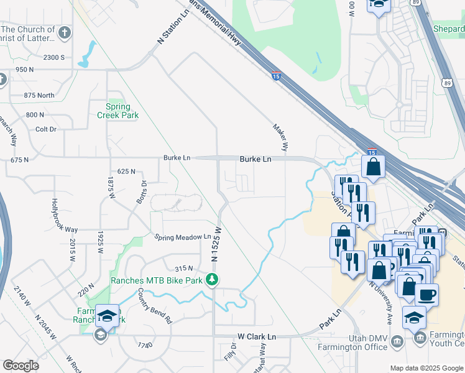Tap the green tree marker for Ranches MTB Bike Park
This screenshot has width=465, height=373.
coord(213,280)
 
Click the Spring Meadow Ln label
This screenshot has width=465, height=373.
coord(183,237)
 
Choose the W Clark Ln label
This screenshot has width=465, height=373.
coord(257,337)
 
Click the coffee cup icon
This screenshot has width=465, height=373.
coord(426,295)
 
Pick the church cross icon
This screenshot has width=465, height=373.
coord(65,32)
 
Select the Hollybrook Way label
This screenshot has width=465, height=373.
coord(64,215)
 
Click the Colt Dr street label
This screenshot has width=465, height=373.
coord(46,129)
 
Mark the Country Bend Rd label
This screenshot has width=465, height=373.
coord(155,306)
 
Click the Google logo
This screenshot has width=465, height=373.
coord(21,366)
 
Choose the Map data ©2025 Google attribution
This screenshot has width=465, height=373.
coord(426,368)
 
